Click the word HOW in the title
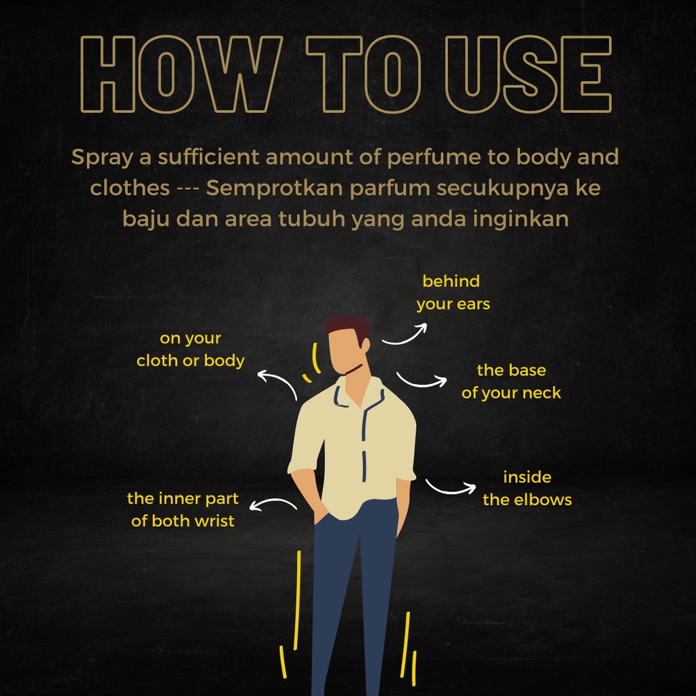(181, 73)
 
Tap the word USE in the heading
(529, 73)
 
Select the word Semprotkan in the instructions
(275, 188)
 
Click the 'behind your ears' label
(453, 292)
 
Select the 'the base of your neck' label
(511, 381)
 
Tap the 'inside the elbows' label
(527, 488)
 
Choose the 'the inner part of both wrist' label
(183, 510)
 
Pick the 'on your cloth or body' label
(190, 349)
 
